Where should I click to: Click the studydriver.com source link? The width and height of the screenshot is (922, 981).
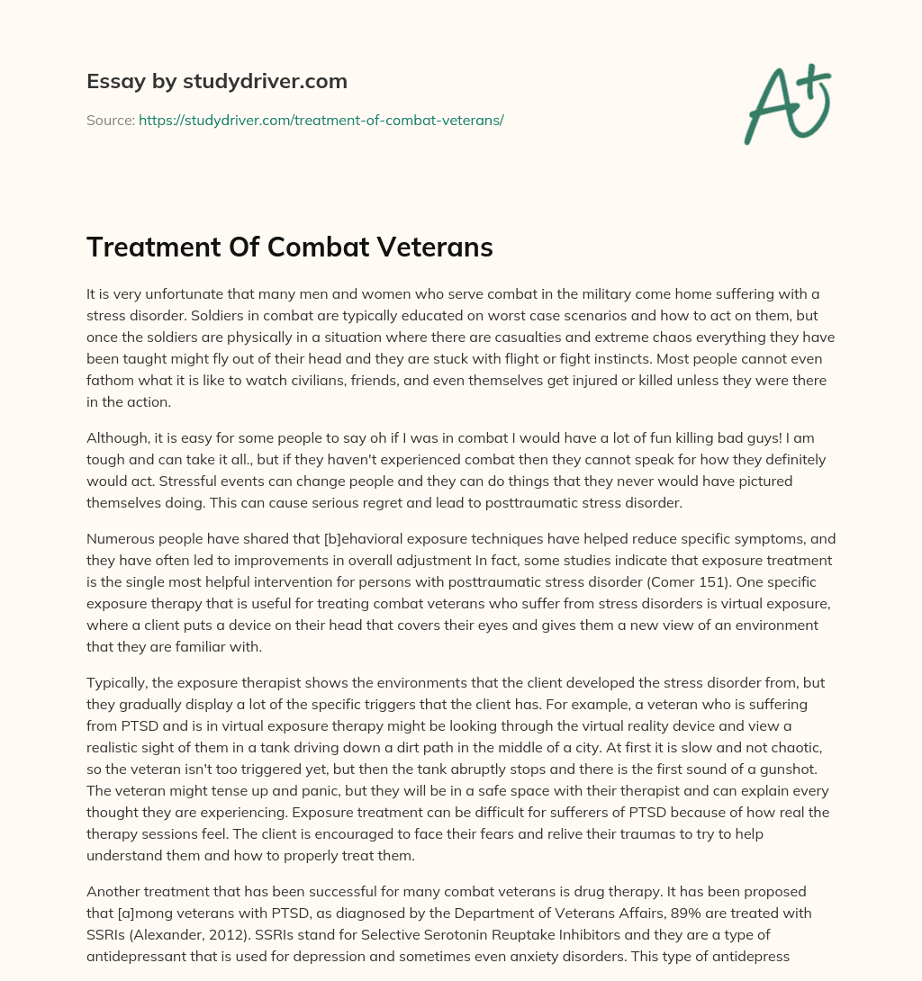coord(321,120)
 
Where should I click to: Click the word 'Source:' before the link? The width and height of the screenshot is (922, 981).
coord(110,120)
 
